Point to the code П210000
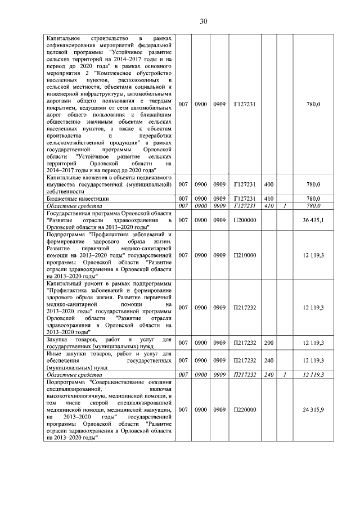(x=245, y=255)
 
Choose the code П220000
(x=245, y=410)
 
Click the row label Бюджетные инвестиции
(x=77, y=199)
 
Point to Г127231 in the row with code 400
(x=245, y=184)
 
